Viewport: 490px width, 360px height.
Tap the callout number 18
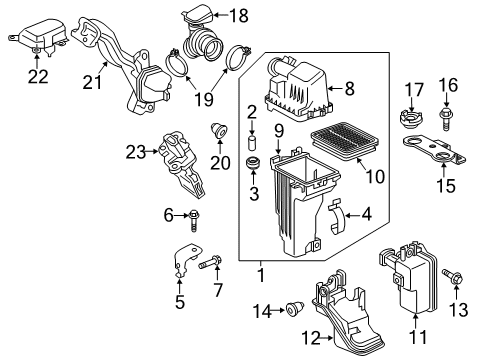tap(239, 15)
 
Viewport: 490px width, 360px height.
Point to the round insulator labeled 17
tap(410, 125)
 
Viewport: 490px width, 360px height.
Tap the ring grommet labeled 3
tap(253, 162)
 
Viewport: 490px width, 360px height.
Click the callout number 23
tap(135, 151)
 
